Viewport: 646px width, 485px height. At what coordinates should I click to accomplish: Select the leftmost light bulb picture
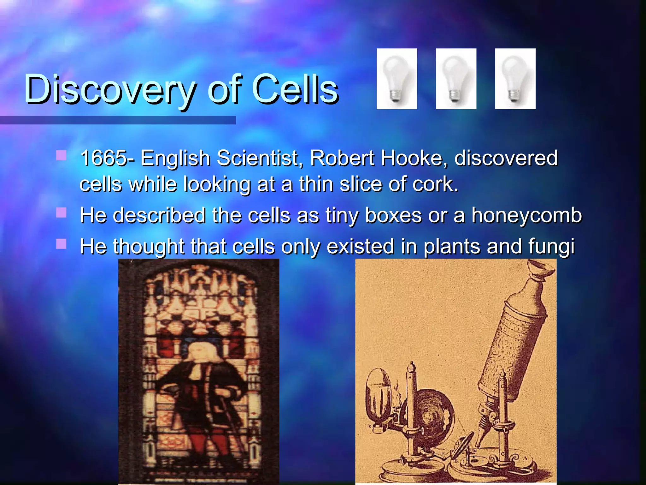[x=396, y=79]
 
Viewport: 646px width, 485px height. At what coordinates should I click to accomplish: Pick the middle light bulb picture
[x=456, y=79]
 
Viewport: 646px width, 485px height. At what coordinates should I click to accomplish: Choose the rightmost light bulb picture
[x=515, y=79]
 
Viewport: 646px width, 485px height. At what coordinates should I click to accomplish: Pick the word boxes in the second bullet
[x=393, y=215]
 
